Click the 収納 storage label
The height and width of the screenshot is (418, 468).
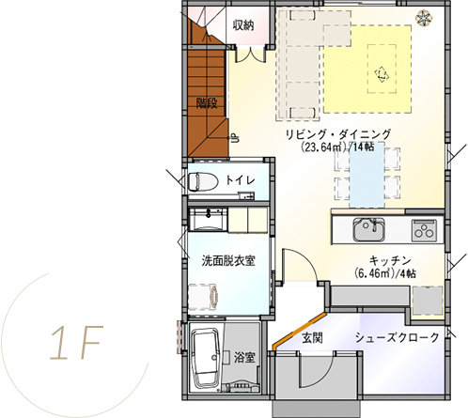click(x=243, y=25)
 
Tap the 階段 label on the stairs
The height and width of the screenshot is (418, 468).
click(x=207, y=103)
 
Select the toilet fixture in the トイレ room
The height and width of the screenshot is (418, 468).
click(x=204, y=181)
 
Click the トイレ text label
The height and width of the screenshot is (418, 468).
click(x=241, y=180)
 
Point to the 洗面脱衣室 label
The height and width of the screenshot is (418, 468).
click(x=228, y=261)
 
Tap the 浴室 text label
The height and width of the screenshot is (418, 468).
click(x=244, y=357)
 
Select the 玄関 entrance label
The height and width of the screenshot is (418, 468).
click(x=312, y=338)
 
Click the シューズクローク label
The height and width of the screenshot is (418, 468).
click(x=398, y=337)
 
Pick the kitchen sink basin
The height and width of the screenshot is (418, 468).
click(x=369, y=229)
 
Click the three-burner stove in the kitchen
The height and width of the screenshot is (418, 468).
click(x=424, y=230)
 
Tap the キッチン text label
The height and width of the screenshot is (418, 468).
click(x=390, y=260)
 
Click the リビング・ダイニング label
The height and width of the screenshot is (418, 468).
click(x=338, y=134)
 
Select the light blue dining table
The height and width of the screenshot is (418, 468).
click(x=367, y=175)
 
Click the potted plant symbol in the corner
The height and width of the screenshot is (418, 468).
click(x=423, y=18)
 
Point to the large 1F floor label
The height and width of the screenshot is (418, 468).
click(x=76, y=343)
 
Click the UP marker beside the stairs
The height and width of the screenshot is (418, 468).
click(x=235, y=138)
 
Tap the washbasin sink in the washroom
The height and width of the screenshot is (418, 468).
click(x=208, y=220)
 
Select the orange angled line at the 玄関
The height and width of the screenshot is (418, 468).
click(x=300, y=331)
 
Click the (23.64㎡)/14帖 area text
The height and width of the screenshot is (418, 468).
click(x=337, y=147)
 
